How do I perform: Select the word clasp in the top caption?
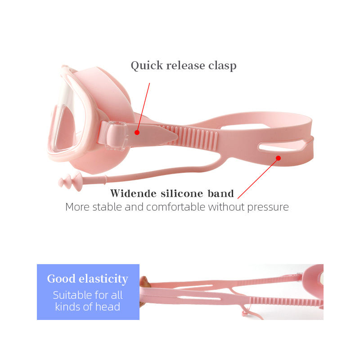point(222,66)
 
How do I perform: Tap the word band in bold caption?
point(220,194)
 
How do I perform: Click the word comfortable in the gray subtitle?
point(176,207)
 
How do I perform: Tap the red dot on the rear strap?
point(278,158)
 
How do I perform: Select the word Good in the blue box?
point(61,279)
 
